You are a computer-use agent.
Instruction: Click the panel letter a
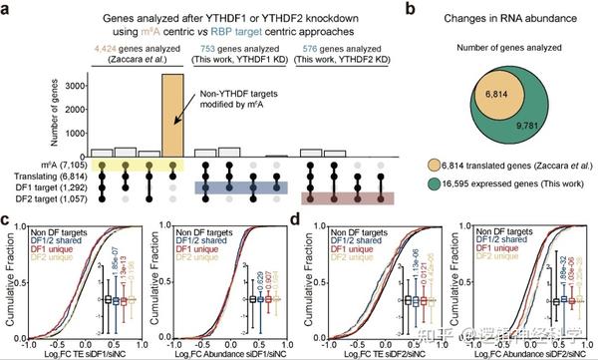point(7,9)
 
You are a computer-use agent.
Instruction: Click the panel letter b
point(421,9)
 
